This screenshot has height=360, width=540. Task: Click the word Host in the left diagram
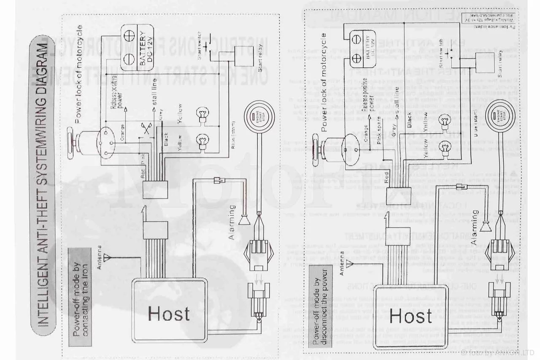(169, 314)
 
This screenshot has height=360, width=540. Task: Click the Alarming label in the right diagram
(475, 228)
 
